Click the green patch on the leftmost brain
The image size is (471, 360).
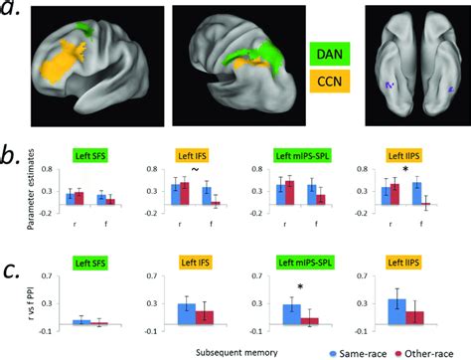pyautogui.click(x=87, y=30)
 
